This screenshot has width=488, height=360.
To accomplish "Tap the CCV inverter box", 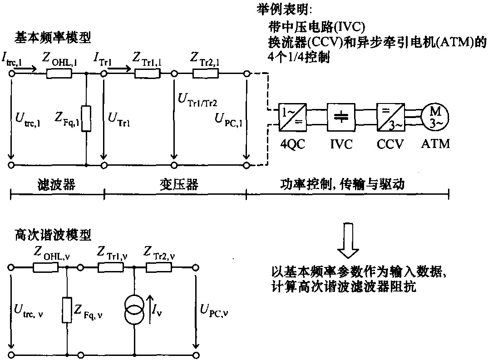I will click(x=389, y=116).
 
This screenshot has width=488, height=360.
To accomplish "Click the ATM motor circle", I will click(x=435, y=116).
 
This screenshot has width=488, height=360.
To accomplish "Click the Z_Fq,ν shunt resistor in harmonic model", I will click(x=67, y=310).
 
